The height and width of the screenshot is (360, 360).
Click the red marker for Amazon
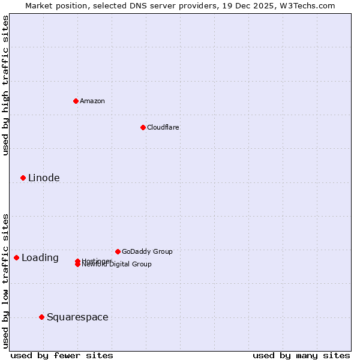(76, 101)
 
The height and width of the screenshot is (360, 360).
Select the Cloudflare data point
(143, 127)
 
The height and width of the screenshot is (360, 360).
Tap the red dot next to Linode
(23, 178)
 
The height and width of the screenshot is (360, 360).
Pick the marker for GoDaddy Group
(118, 251)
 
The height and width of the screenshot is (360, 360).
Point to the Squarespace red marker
(41, 317)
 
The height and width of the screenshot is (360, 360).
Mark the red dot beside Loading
(16, 257)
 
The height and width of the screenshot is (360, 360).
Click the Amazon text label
(92, 101)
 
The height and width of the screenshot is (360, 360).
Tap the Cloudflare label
(163, 127)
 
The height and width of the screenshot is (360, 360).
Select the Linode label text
(44, 178)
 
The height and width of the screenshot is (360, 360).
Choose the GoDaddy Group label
(147, 251)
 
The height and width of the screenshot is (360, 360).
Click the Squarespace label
(77, 317)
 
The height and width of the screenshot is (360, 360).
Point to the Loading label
(40, 258)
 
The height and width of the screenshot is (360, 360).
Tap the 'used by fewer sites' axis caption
(62, 355)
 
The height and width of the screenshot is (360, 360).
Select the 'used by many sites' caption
(301, 355)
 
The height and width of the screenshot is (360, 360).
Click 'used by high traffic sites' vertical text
(5, 85)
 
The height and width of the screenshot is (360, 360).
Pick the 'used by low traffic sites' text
(5, 281)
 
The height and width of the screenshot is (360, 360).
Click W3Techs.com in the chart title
(308, 5)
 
